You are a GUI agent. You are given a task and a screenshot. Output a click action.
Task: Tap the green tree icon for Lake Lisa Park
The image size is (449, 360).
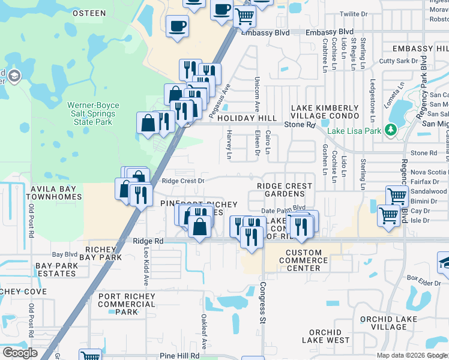[391, 129]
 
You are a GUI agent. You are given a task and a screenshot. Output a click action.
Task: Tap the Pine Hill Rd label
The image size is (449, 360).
[179, 356]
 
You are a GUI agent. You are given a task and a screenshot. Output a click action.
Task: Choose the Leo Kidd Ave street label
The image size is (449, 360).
[145, 263]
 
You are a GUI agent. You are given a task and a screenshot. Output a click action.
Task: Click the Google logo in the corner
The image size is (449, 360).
[20, 353]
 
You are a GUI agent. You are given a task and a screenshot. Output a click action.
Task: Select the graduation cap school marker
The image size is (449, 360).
[445, 261]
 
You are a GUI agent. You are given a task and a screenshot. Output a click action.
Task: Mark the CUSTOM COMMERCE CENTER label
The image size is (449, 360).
[307, 260]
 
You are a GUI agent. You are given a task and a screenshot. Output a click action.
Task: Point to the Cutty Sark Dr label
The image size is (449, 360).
[398, 61]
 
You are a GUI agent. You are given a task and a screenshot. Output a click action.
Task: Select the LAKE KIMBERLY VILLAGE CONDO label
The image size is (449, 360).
[325, 111]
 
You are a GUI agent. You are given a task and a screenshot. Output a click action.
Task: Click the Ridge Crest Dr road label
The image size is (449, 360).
[183, 180]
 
